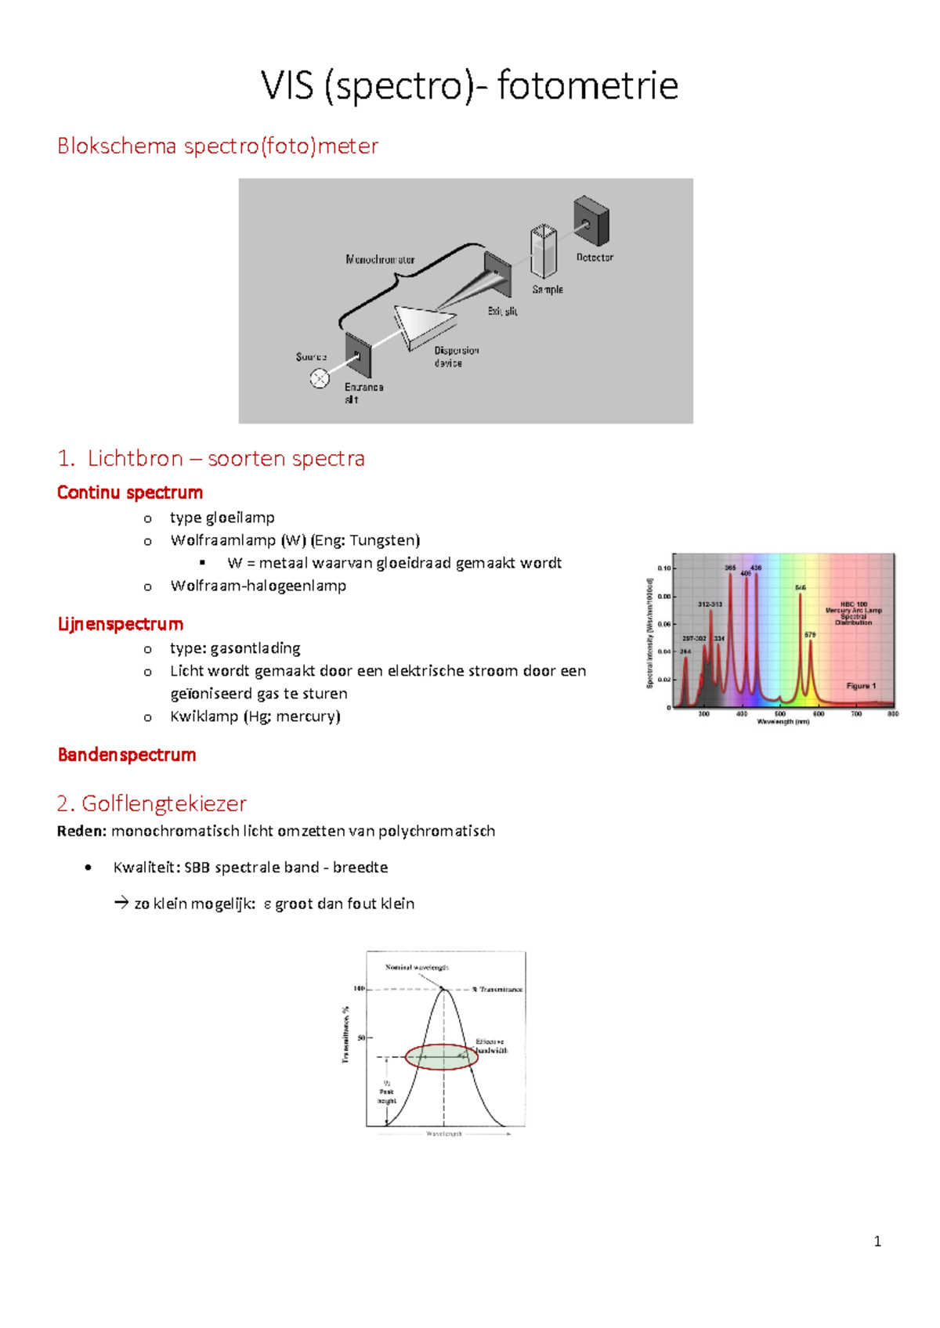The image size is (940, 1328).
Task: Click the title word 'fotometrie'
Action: click(587, 85)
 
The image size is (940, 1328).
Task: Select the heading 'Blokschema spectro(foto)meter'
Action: click(217, 146)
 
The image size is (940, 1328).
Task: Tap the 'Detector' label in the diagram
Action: click(595, 258)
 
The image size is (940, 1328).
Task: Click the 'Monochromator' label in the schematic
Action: click(380, 259)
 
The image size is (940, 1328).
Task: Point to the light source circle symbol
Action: click(320, 379)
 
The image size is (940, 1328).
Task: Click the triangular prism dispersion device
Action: click(423, 323)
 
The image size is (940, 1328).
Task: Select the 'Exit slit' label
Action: click(502, 311)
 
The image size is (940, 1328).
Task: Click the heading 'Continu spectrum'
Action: click(130, 493)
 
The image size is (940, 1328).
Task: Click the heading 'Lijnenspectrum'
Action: click(120, 624)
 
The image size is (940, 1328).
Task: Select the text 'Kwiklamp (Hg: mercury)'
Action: click(255, 716)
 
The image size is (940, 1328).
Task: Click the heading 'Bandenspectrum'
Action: click(127, 755)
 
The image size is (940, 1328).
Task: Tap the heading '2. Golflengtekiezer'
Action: click(151, 803)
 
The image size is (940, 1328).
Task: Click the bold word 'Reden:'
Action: click(81, 831)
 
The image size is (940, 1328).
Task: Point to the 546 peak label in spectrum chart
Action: click(800, 587)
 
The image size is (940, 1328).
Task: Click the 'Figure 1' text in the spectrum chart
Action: click(861, 686)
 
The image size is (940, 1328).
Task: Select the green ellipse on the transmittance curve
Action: click(441, 1057)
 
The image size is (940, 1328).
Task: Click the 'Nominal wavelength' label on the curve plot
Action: click(416, 968)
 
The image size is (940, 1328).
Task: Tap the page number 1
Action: click(877, 1241)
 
